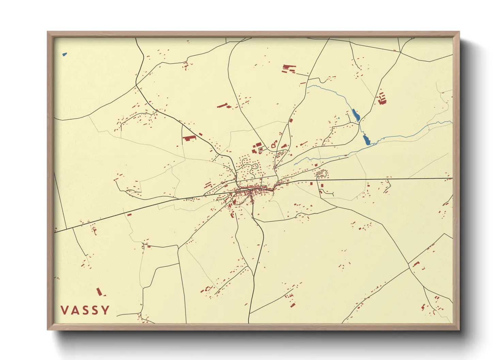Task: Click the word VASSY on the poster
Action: point(85,310)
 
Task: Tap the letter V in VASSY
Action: point(64,310)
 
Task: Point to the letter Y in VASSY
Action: point(106,310)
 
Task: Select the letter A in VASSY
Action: point(75,310)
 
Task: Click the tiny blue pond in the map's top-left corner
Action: point(64,54)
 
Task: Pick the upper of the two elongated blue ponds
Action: point(356,115)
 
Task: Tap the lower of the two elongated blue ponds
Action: point(366,140)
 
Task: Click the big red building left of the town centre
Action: point(189,138)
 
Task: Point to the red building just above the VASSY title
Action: point(99,292)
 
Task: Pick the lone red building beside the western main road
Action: point(129,215)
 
